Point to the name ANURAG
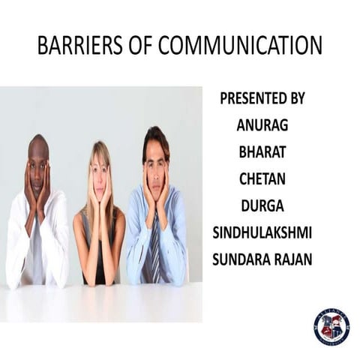tap(262, 125)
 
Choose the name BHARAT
tap(262, 152)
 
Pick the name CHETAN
tap(262, 179)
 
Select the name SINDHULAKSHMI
tap(262, 233)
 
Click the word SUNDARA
tap(243, 260)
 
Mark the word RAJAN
tap(293, 260)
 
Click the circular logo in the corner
tap(331, 326)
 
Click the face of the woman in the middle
tap(100, 178)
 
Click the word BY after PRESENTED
tap(296, 98)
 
